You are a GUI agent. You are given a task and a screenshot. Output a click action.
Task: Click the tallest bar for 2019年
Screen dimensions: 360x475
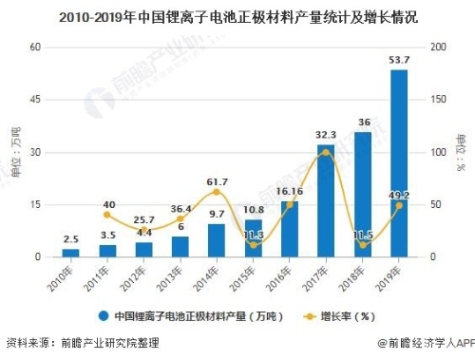point(399,163)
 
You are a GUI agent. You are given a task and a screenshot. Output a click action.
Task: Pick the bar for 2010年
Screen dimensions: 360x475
point(71,253)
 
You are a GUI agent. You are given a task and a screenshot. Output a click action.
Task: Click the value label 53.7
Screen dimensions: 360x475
point(399,61)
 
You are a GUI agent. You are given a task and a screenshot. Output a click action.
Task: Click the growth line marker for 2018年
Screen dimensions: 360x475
point(362,245)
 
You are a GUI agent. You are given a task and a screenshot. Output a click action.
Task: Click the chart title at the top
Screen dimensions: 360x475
point(237,16)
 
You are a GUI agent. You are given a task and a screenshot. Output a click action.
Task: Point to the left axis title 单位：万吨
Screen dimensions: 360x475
point(13,152)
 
